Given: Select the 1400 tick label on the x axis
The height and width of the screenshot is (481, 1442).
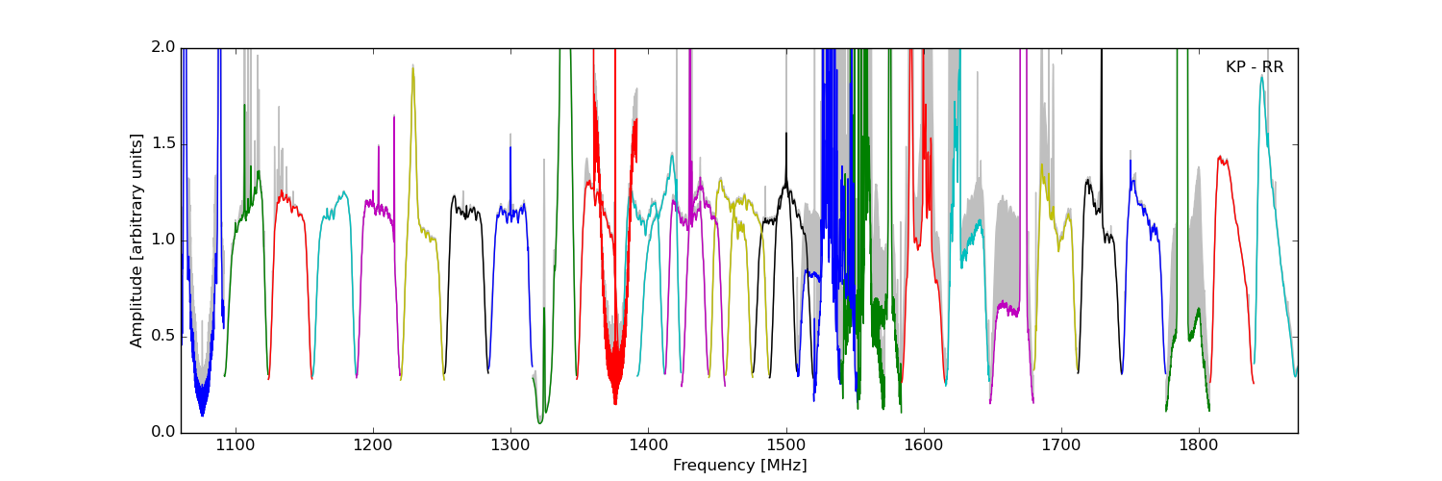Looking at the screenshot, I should pos(648,446).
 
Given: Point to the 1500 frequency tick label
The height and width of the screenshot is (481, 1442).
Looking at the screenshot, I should pos(786,446).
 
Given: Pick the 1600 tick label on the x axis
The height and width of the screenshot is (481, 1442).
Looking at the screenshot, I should pos(924,446).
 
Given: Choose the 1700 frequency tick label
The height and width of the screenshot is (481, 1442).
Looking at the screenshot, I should pos(1061,446).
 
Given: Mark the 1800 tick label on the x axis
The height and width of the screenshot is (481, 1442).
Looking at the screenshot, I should pos(1200,446).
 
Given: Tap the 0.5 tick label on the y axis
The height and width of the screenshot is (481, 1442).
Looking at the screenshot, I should pos(163,337).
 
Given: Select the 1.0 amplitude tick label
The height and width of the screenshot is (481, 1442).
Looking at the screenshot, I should pos(163,240).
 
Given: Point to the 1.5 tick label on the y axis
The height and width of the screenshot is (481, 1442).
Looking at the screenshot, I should pos(163,144).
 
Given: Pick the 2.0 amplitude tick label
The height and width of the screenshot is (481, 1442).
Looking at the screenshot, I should pos(163,48).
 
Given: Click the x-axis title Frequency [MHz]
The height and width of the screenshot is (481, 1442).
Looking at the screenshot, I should pos(739,466).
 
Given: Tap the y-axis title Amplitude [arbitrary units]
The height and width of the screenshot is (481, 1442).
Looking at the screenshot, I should pos(137,240).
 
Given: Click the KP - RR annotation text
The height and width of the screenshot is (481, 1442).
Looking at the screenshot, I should pos(1255,67).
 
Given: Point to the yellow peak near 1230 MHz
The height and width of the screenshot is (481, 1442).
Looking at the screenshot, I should pos(413,67).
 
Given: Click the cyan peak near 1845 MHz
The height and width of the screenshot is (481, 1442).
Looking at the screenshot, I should pos(1262,77).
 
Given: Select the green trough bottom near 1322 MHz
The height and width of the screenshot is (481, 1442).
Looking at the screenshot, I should pos(540,422).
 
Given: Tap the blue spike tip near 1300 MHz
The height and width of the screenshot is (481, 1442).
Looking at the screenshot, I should pos(510,147).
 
